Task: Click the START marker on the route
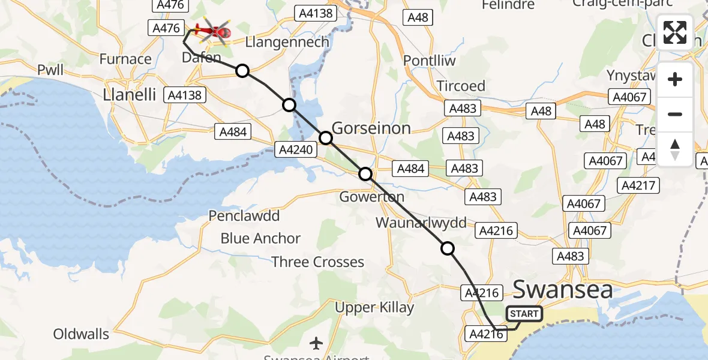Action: pos(524,313)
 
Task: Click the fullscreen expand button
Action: pos(675,32)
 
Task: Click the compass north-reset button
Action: pos(675,149)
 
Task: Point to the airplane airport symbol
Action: pos(316,343)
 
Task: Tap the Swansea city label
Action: pos(563,290)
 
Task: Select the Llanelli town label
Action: pos(130,94)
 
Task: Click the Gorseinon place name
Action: pos(371,127)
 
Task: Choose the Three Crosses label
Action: pos(317,262)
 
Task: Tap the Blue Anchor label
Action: pos(260,238)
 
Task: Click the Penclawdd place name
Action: pos(244,215)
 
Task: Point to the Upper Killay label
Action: pos(374,308)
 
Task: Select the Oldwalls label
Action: pos(82,334)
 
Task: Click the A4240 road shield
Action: pos(295,149)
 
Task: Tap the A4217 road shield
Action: pos(639,185)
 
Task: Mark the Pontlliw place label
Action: pos(429,61)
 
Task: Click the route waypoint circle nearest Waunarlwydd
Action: pos(448,248)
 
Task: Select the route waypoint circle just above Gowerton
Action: pos(365,174)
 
